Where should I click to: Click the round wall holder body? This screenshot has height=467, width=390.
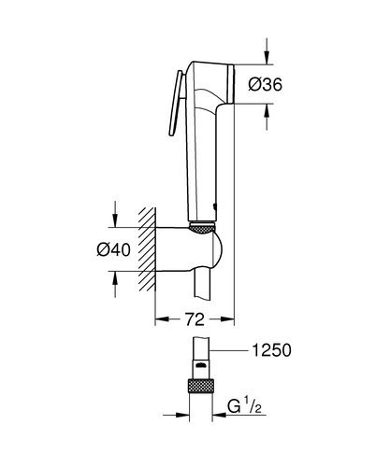(192, 250)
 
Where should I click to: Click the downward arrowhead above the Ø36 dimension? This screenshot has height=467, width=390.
(269, 58)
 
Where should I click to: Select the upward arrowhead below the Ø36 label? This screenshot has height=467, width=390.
(269, 110)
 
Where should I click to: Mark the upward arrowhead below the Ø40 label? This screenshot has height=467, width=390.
(114, 276)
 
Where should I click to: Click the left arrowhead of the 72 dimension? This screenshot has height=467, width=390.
(160, 318)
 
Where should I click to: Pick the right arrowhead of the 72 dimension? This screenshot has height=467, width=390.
(226, 318)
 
